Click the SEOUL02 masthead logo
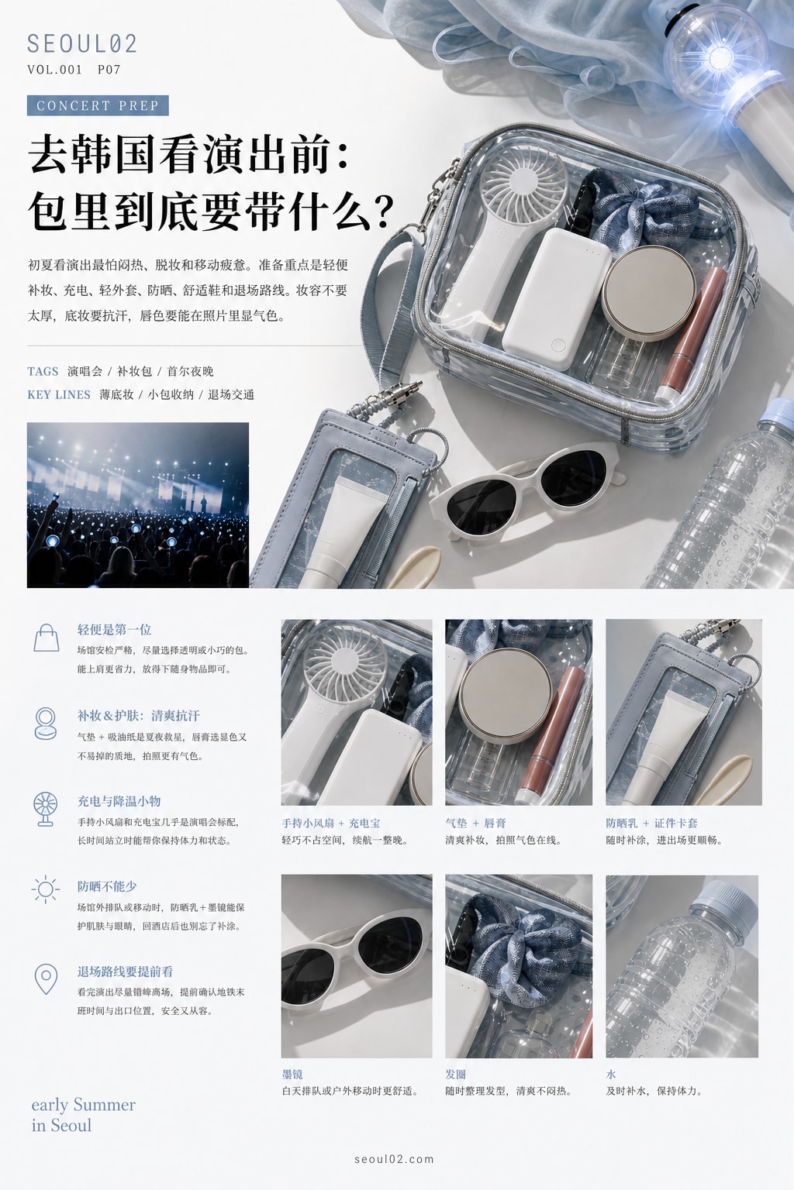tap(82, 43)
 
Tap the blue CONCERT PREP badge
tap(98, 105)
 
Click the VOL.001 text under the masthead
tap(55, 70)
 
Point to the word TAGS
tap(43, 371)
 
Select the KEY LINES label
tap(59, 394)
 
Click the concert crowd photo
tap(138, 504)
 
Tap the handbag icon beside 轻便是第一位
tap(47, 638)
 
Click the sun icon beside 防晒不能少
tap(46, 889)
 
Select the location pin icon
tap(46, 978)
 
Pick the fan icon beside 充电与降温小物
tap(46, 809)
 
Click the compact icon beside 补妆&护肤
tap(46, 724)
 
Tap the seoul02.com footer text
tap(394, 1159)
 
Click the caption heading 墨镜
tap(292, 1074)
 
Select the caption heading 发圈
tap(456, 1074)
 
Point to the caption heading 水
tap(611, 1074)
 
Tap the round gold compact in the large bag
tap(649, 293)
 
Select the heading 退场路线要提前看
tap(126, 972)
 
